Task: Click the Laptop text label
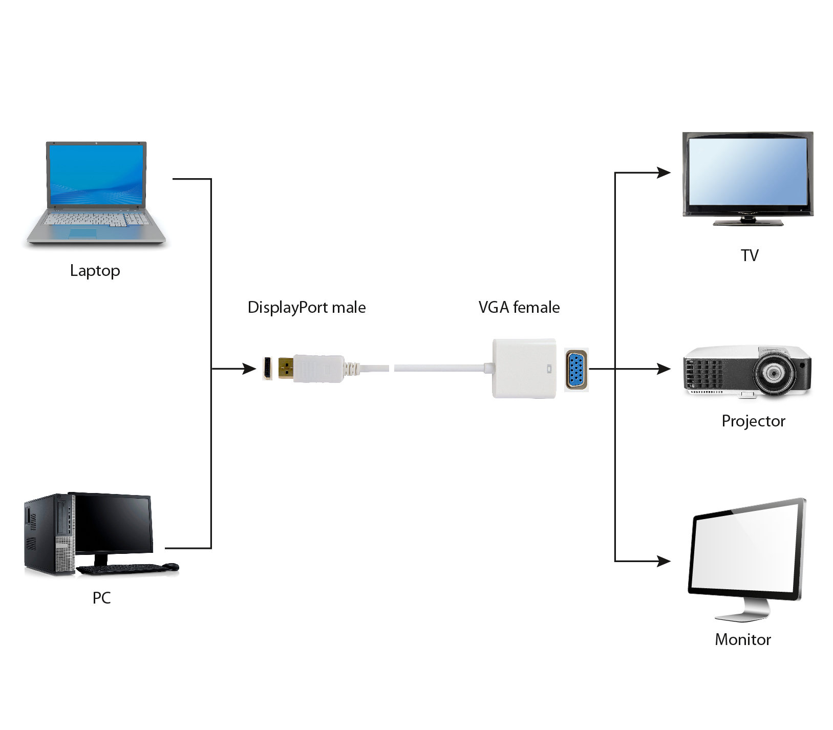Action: pos(95,270)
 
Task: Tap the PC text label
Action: pos(101,597)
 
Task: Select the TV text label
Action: pos(749,255)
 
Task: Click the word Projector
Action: pos(753,421)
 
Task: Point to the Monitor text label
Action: pos(742,639)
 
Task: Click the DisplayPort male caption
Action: pos(306,307)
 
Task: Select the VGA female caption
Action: pos(519,307)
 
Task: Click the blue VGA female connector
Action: pos(576,370)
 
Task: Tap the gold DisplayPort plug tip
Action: pos(286,368)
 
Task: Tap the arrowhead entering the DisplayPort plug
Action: pos(250,369)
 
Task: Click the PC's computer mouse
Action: pos(171,567)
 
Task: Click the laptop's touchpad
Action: pos(83,233)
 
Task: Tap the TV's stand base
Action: pos(749,222)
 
